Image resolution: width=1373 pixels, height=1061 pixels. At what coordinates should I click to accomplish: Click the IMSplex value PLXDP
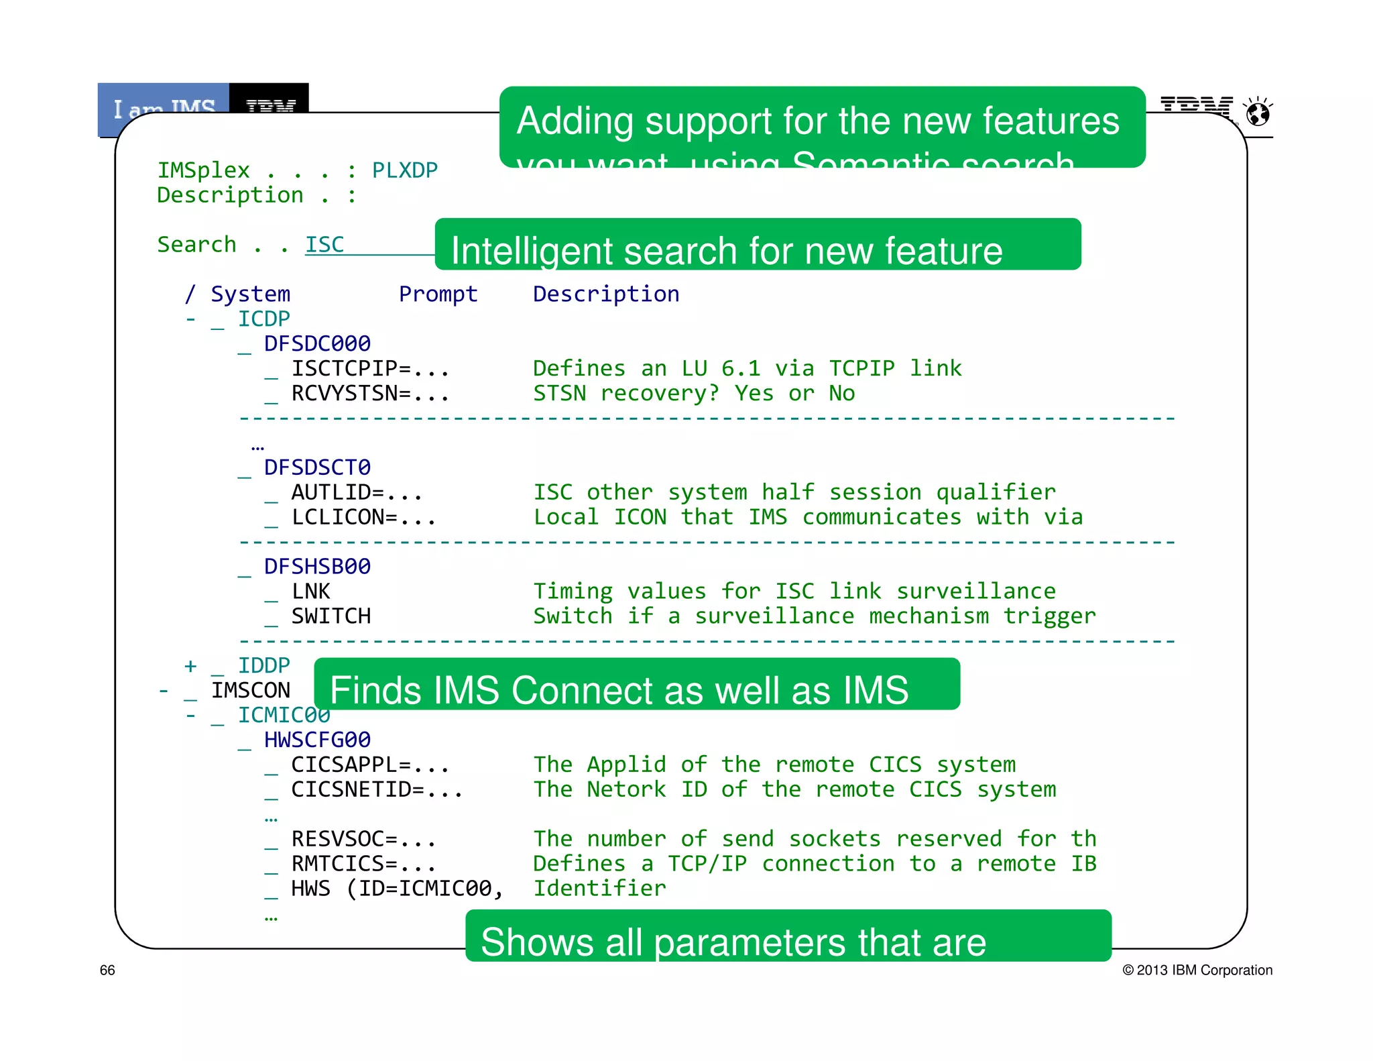(404, 170)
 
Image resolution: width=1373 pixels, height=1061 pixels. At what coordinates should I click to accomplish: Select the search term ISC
(324, 245)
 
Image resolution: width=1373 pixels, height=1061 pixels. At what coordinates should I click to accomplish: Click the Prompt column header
(438, 294)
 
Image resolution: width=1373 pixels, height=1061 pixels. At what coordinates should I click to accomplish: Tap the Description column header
(605, 294)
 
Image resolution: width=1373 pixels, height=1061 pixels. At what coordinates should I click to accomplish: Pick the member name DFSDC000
(317, 343)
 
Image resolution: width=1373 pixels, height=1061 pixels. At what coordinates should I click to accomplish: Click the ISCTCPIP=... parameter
(369, 368)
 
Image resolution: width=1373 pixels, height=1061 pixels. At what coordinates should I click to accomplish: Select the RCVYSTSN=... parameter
(369, 393)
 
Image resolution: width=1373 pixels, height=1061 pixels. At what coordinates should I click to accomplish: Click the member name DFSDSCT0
(317, 467)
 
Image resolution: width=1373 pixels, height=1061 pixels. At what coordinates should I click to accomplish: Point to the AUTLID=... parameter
(356, 492)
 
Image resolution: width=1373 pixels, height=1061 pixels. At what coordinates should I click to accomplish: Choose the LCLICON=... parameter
(363, 517)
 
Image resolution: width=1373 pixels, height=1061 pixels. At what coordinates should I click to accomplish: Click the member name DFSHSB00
(317, 567)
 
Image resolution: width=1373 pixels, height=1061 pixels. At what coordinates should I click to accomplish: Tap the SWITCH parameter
(331, 616)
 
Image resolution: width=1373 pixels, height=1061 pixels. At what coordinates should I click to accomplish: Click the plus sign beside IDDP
(190, 665)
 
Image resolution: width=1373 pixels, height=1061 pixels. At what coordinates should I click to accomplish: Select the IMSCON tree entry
(251, 690)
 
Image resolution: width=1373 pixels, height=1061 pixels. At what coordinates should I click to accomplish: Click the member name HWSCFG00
(317, 740)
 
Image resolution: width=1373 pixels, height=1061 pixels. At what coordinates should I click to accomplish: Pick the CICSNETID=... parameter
(376, 789)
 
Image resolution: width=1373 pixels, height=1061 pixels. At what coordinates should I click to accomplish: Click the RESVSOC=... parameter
(363, 839)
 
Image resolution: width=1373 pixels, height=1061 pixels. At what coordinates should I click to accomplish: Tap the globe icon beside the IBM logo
(1258, 113)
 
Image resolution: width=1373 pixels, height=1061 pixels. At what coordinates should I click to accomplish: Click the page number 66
(107, 970)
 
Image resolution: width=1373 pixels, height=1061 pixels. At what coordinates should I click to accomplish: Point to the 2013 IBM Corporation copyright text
(1197, 970)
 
